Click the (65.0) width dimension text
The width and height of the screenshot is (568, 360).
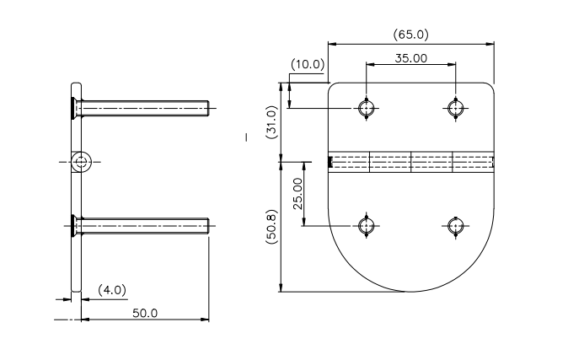point(411,35)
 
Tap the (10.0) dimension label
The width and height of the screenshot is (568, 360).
point(307,64)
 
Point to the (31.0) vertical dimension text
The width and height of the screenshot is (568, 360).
point(271,121)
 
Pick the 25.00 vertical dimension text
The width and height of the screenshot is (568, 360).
point(297,194)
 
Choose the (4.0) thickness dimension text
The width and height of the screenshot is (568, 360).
point(111,289)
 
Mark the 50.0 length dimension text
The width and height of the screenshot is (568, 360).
point(144,313)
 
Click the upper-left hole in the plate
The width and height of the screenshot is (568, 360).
point(366,108)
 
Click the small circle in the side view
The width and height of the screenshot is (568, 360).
point(81,162)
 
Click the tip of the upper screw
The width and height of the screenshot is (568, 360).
point(206,108)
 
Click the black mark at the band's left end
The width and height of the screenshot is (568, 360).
point(329,161)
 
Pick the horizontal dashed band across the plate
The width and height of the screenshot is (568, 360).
point(411,161)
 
